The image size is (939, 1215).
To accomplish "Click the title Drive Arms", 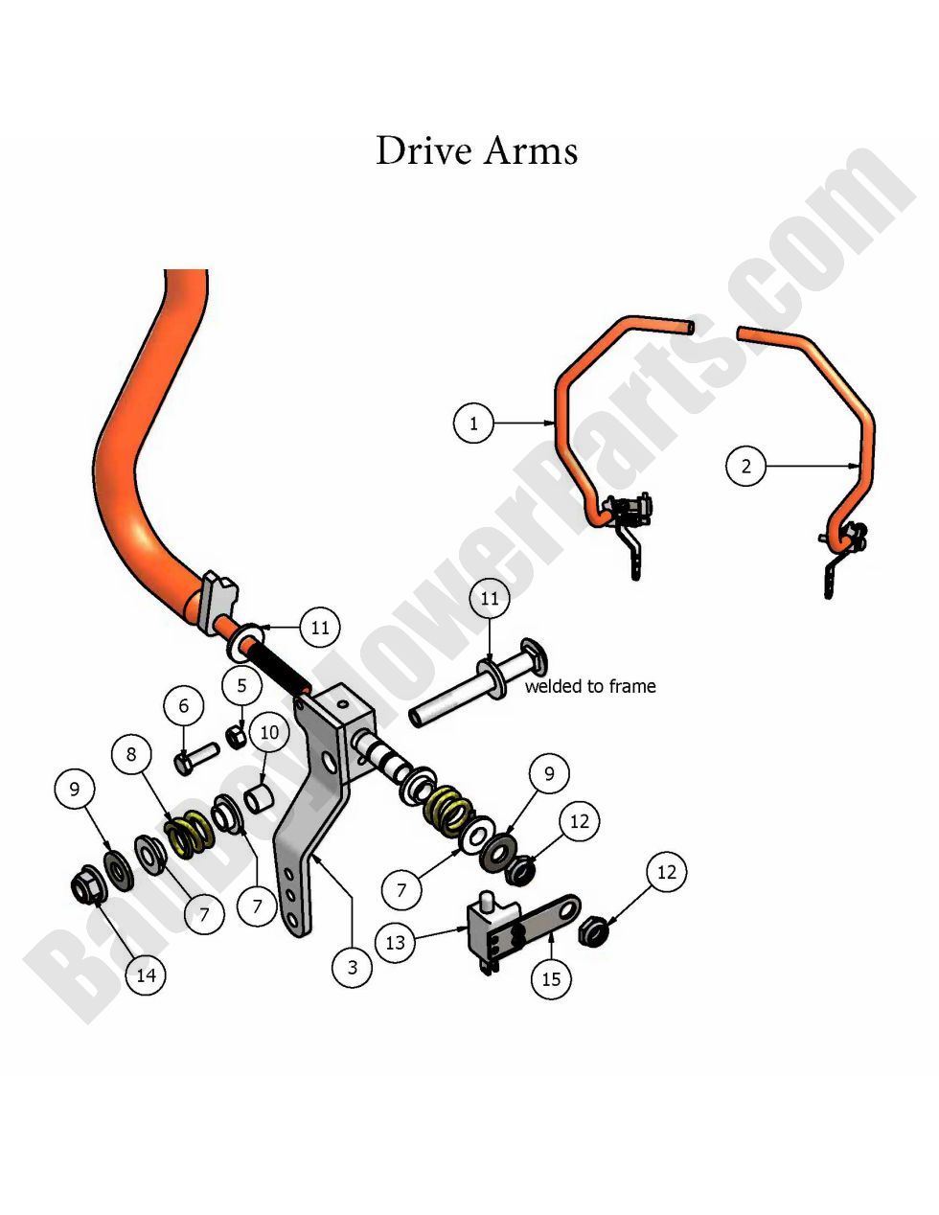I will [x=476, y=151].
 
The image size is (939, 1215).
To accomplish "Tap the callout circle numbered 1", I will [x=473, y=423].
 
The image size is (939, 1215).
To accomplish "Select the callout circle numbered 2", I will [x=746, y=467].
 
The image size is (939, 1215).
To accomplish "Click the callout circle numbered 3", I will [x=353, y=967].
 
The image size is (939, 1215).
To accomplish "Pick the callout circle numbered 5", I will [x=242, y=686].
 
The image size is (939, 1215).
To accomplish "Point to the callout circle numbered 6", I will [x=184, y=706].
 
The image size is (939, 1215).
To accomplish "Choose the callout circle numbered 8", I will [x=132, y=754].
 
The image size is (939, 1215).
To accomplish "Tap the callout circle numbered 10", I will [x=269, y=733].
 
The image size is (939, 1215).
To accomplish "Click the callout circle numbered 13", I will [x=396, y=943].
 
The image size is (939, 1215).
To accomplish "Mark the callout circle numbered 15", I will [x=551, y=978].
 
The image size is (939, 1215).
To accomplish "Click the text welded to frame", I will [x=590, y=686].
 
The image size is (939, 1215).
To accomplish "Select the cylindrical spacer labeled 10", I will [x=260, y=798].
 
